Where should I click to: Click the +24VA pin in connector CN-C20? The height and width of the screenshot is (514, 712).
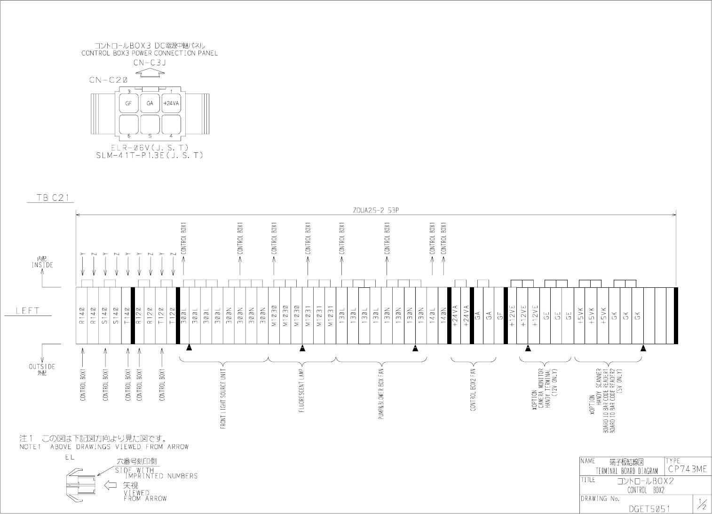[x=171, y=103]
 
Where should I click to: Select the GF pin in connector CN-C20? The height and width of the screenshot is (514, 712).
[x=128, y=103]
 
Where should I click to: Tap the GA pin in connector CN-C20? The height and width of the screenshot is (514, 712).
[x=150, y=103]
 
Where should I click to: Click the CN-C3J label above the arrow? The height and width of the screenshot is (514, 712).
[x=149, y=62]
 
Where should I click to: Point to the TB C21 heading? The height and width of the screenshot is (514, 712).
[x=54, y=198]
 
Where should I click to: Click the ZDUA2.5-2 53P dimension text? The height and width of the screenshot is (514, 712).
[x=375, y=210]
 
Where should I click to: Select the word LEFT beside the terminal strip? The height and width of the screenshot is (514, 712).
[x=28, y=310]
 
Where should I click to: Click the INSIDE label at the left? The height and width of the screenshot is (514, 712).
[x=42, y=265]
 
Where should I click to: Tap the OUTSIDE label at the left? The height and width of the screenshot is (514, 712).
[x=42, y=366]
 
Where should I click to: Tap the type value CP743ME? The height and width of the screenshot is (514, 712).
[x=687, y=469]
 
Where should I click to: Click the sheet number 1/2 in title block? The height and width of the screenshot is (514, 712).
[x=702, y=505]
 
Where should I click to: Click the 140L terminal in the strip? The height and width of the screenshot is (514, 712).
[x=432, y=315]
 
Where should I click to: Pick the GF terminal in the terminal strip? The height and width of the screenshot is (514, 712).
[x=500, y=315]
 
